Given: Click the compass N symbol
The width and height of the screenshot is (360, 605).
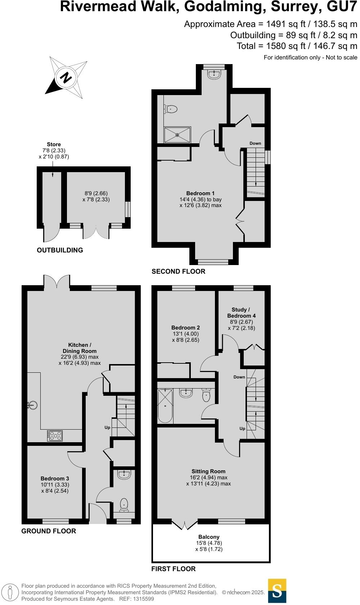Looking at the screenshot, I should coord(66,77).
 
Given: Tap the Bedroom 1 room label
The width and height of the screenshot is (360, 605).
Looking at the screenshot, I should coord(200,193).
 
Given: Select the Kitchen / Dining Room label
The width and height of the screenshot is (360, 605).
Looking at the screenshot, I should coord(80,348).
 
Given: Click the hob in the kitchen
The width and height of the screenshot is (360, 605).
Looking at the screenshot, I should coord(55,436).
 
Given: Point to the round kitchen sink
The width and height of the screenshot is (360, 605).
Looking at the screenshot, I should coord(33,405).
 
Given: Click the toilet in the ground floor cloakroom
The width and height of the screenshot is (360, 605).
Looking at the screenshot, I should coord(124,504).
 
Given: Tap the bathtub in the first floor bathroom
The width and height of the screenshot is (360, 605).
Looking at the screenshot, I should coord(165,406).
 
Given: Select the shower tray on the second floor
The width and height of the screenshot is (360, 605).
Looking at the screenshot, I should coord(177,135).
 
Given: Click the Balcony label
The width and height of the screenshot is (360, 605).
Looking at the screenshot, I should coord(209,537).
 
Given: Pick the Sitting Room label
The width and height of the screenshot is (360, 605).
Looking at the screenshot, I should coord(208,471).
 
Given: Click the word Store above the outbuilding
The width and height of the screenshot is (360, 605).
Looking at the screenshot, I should coord(54,144).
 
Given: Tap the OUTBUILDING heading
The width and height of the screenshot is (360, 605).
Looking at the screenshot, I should coord(60,250).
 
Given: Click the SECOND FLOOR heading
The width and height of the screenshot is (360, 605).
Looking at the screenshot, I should coord(178,272).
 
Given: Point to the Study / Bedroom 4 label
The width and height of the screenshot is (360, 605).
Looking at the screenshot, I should coord(241,313).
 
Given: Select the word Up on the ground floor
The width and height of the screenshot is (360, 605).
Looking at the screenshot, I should coord(107,427).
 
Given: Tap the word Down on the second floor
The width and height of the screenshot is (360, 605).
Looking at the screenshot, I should coord(255,143).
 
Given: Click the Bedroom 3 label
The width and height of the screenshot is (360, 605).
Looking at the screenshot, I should coord(55,479).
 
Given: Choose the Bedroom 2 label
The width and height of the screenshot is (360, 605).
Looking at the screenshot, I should coord(185,328).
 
